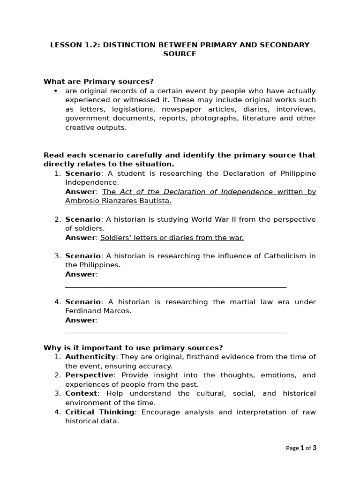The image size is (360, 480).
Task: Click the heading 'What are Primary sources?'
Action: (98, 82)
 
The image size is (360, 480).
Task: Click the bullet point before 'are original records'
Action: (56, 91)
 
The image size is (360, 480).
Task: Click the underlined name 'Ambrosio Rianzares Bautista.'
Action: (118, 201)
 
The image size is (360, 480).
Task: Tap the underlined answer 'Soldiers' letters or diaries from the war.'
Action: (172, 238)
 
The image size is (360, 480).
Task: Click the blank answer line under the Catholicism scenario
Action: (176, 285)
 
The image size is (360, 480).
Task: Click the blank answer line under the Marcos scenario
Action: (176, 331)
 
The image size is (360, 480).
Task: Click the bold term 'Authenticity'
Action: (90, 357)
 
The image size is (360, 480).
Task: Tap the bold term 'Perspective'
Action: (89, 375)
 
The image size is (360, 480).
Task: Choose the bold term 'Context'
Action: (81, 393)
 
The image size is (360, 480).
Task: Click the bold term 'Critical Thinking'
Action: (100, 412)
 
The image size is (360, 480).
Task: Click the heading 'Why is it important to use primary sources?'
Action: (133, 347)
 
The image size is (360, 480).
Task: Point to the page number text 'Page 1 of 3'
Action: (301, 448)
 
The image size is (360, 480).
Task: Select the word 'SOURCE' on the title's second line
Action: (180, 54)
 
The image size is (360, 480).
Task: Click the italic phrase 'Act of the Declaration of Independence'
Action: (196, 192)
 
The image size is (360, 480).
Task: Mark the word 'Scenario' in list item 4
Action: (83, 302)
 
